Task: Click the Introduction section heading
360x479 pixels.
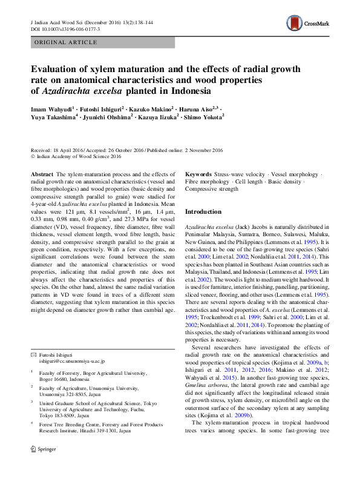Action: click(x=203, y=212)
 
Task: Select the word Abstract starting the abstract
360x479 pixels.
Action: click(x=42, y=174)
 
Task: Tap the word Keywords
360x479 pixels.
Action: click(x=198, y=174)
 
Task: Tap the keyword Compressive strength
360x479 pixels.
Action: click(x=212, y=190)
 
